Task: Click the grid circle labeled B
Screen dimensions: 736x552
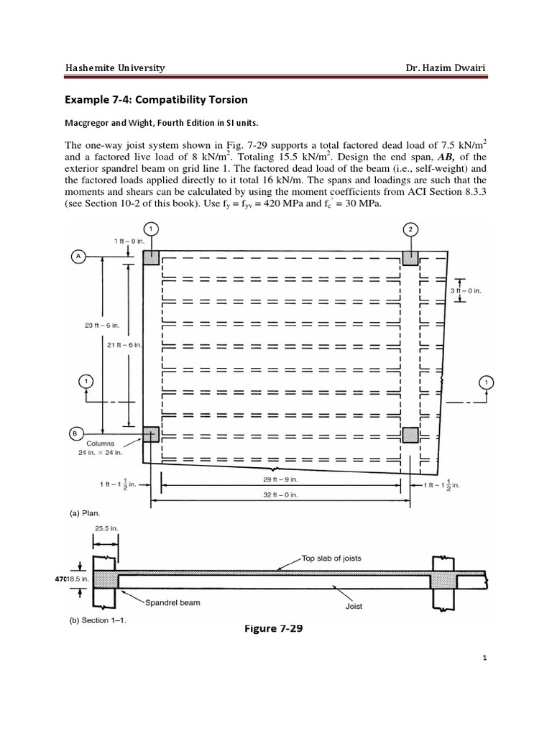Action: pos(75,433)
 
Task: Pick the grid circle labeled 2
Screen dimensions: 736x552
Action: pos(410,229)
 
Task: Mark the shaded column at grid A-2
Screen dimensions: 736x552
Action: pos(410,257)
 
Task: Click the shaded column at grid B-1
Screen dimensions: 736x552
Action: pos(151,434)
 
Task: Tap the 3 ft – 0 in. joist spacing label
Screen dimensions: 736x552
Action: pos(466,290)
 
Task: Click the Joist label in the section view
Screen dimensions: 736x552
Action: pos(353,606)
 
